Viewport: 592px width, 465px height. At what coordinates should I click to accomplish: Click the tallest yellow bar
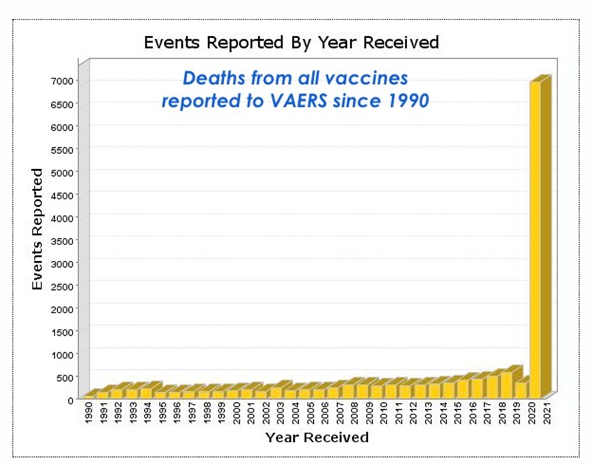coord(536,238)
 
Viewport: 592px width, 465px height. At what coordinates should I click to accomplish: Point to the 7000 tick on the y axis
coord(63,80)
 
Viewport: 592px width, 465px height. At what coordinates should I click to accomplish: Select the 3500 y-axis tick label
coord(63,240)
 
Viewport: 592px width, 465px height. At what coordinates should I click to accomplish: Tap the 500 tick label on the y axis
coord(65,377)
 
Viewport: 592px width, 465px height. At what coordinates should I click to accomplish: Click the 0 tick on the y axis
coord(71,399)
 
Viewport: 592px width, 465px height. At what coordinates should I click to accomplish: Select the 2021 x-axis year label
coord(548,414)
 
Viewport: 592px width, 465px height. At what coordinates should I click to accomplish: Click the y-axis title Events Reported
coord(38,229)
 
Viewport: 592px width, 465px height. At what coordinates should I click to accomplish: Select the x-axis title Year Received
coord(316,437)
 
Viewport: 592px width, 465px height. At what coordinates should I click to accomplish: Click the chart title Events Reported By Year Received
coord(291,43)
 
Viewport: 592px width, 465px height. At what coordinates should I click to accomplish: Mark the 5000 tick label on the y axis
coord(63,172)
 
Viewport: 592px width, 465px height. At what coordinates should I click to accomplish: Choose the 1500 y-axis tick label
coord(63,331)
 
